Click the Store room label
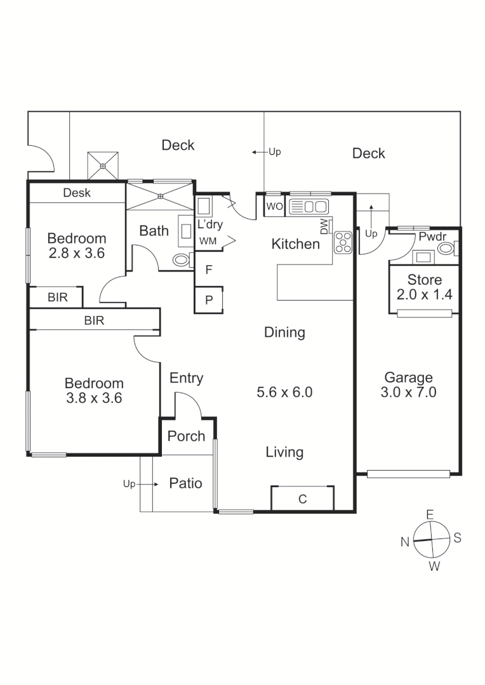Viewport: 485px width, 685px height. [425, 280]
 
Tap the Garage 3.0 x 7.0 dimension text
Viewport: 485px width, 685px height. [408, 393]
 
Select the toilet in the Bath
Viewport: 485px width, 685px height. [182, 260]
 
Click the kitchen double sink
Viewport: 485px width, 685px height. [308, 206]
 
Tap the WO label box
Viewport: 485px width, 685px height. [274, 206]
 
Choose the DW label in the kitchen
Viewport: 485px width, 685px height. [324, 226]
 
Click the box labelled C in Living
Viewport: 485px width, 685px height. [302, 499]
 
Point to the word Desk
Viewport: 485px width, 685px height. [77, 193]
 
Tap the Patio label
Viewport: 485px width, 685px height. [185, 483]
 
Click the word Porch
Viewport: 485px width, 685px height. [186, 436]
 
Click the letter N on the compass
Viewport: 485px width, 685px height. [404, 541]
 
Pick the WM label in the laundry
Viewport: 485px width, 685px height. [207, 241]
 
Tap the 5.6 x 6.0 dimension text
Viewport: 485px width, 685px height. [284, 393]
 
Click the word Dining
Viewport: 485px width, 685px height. [284, 332]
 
